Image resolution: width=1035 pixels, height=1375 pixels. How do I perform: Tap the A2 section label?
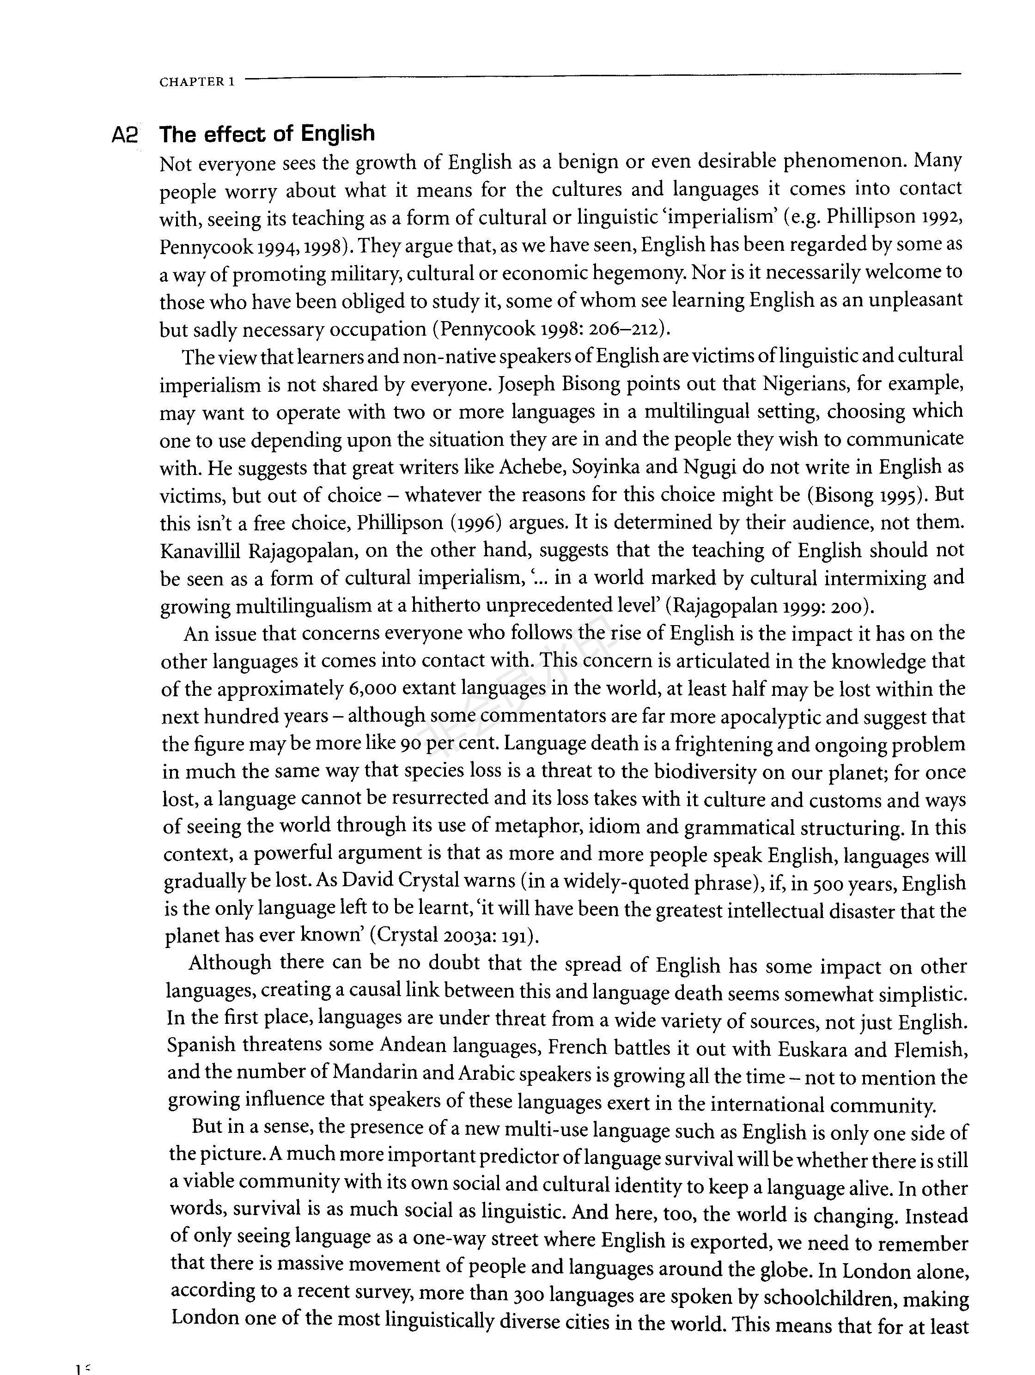(124, 135)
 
